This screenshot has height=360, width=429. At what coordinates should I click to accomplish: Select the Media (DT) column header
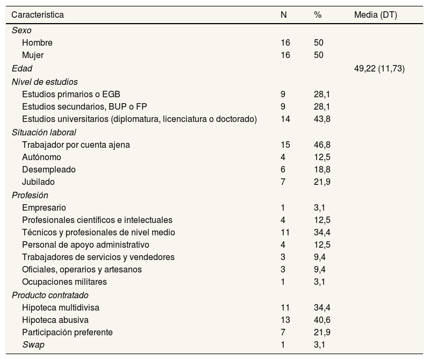(x=375, y=15)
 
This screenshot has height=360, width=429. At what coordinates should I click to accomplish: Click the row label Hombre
(x=37, y=42)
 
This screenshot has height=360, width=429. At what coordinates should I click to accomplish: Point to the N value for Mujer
(x=285, y=55)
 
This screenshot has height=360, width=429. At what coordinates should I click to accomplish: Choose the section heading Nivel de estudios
(x=45, y=82)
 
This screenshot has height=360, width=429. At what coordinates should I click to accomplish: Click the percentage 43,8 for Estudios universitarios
(x=321, y=119)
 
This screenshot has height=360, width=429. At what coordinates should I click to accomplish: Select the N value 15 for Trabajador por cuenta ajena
(x=285, y=145)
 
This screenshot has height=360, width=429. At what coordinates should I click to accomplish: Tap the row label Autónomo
(x=41, y=157)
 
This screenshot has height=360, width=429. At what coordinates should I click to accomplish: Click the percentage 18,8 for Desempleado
(x=321, y=169)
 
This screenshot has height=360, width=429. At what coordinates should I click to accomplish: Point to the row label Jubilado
(x=38, y=182)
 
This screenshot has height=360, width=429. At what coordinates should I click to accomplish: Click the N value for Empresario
(x=283, y=207)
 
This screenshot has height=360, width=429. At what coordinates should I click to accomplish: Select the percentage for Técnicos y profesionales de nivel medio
(x=321, y=232)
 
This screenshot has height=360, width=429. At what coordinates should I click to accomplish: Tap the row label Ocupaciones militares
(x=65, y=282)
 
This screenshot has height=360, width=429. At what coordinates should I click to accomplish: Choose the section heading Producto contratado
(x=50, y=296)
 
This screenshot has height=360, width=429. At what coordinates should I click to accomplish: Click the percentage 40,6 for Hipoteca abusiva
(x=321, y=320)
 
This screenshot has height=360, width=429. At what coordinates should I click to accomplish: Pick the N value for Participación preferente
(x=283, y=333)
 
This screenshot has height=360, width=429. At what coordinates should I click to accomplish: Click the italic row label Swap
(x=33, y=345)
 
